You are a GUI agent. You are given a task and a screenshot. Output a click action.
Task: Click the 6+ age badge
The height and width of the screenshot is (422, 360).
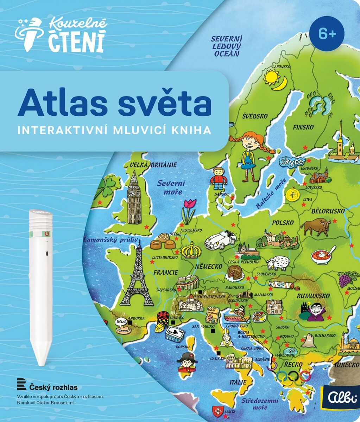click(327, 34)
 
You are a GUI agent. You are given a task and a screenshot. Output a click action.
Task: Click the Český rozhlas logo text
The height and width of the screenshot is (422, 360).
click(53, 388)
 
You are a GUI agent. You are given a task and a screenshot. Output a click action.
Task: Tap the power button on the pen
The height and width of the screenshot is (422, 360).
click(46, 233)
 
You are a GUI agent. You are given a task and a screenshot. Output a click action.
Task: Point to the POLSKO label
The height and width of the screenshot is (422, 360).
click(282, 223)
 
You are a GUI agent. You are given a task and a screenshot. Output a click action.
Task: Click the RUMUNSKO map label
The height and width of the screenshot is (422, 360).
click(313, 296)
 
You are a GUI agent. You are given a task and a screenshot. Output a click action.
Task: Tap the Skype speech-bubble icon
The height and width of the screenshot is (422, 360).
click(292, 162)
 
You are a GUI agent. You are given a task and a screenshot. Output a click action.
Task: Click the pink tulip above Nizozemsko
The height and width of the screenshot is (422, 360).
click(189, 210)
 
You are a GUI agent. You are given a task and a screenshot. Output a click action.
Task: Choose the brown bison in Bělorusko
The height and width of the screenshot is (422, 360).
click(316, 227)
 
